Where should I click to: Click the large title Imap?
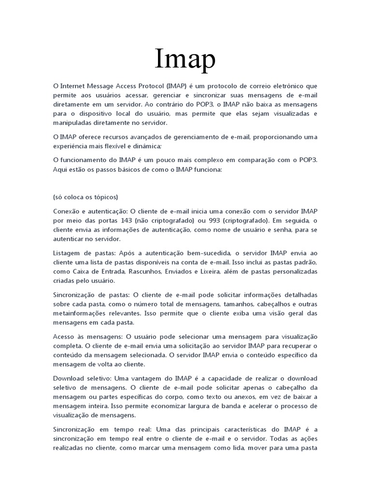[185, 59]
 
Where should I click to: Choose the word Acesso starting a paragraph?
[65, 336]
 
